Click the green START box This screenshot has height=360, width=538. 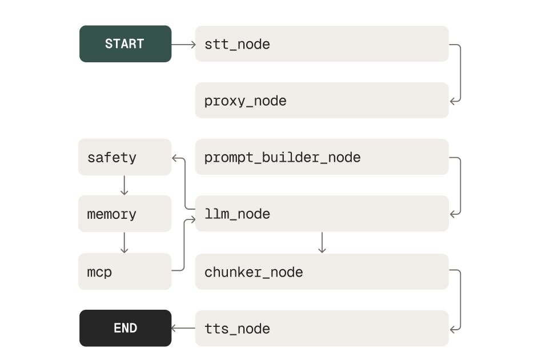[125, 43]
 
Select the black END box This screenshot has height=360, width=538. [125, 328]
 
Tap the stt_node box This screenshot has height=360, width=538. [322, 43]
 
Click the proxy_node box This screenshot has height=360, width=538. [322, 101]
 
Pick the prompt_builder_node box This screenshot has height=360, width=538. [322, 157]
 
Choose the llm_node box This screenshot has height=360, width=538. [322, 214]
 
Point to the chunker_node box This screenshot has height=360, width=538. [322, 272]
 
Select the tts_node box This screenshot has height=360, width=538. [322, 328]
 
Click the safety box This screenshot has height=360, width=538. [125, 157]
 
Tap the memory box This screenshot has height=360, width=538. [125, 214]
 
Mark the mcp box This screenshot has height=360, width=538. [125, 271]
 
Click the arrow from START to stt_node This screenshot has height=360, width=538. [183, 43]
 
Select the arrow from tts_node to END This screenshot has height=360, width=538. [183, 328]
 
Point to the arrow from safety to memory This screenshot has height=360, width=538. [124, 185]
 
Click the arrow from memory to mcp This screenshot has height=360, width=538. [124, 242]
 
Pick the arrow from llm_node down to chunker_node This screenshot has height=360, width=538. [322, 242]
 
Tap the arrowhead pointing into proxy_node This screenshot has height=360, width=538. [452, 101]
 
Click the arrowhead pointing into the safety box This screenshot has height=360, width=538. [175, 157]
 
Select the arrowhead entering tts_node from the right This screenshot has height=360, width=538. [452, 329]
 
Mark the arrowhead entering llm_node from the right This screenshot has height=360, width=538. [452, 214]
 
